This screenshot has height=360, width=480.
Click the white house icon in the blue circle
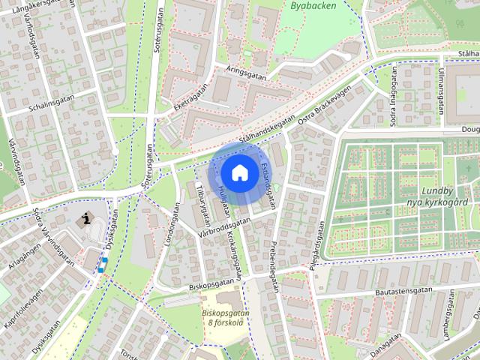238,172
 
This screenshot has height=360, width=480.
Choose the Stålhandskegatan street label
267,130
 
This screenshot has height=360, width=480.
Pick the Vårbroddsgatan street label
223,228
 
